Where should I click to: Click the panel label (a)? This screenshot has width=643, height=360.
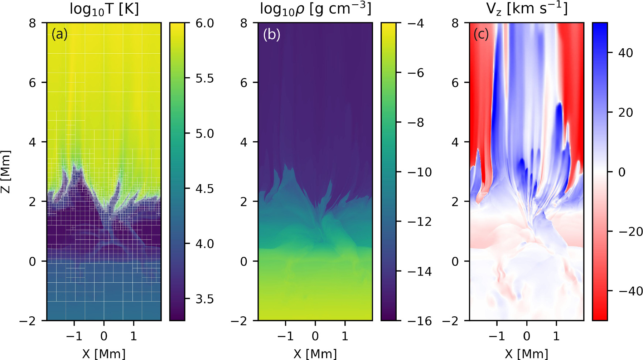point(59,34)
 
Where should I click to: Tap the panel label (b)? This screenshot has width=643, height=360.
point(271,34)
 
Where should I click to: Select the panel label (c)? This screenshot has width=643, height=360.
point(481,34)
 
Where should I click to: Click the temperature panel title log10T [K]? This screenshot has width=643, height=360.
point(104,9)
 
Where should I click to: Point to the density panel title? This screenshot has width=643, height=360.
point(315,9)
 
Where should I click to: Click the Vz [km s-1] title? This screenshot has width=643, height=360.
point(527,9)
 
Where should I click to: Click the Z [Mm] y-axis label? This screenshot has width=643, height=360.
point(6,172)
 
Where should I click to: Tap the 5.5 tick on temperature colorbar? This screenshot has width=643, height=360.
point(204,78)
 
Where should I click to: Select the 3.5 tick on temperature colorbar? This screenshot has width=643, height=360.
point(204,299)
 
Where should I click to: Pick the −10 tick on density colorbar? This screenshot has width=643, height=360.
point(420,172)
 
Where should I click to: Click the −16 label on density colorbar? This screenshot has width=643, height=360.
point(420,321)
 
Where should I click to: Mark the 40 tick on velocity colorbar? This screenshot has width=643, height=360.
point(625,53)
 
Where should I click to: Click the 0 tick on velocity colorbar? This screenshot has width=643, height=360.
point(622,172)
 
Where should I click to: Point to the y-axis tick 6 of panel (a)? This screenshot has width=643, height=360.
point(33,83)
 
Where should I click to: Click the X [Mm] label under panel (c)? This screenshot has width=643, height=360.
point(526,354)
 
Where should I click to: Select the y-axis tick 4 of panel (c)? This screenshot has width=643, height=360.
point(455,142)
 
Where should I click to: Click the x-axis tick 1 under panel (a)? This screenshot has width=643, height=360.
point(134,336)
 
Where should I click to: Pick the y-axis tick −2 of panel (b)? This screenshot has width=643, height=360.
point(240,321)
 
